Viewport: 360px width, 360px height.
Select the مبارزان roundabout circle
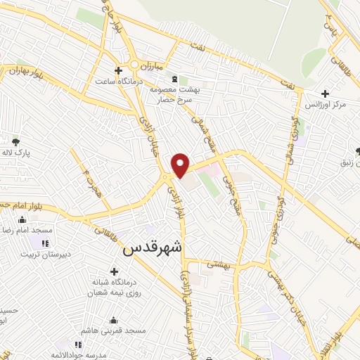pyautogui.click(x=134, y=65)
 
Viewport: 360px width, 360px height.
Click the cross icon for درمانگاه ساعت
pyautogui.click(x=119, y=70)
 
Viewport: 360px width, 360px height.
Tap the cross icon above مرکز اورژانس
pyautogui.click(x=325, y=94)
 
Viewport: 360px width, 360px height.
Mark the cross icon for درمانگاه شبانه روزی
pyautogui.click(x=114, y=271)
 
